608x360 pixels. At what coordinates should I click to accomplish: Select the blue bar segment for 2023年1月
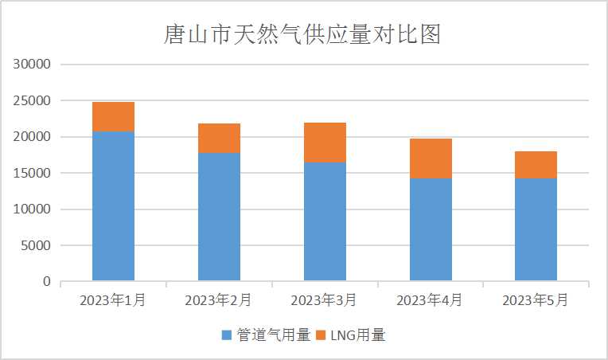click(x=113, y=205)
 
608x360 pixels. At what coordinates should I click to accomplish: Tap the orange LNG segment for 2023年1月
click(x=113, y=116)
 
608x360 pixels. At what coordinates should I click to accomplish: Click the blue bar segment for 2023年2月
click(x=219, y=216)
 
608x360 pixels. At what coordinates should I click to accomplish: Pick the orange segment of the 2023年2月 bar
click(x=219, y=138)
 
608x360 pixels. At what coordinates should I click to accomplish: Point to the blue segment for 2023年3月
click(x=325, y=221)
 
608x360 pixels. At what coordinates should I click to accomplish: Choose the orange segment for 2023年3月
click(x=325, y=143)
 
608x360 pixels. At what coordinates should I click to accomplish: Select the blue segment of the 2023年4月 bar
click(x=431, y=229)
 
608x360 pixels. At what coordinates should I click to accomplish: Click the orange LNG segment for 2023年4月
click(x=431, y=158)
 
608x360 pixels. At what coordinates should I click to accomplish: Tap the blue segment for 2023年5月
click(x=536, y=229)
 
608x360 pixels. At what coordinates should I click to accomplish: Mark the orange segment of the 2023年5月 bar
click(x=536, y=165)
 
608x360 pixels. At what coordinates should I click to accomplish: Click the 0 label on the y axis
click(x=47, y=282)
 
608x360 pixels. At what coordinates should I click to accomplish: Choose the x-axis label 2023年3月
click(x=324, y=301)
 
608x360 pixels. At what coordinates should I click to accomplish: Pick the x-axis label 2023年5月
click(x=536, y=301)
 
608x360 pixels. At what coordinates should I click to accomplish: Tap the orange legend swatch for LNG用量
click(x=322, y=335)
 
